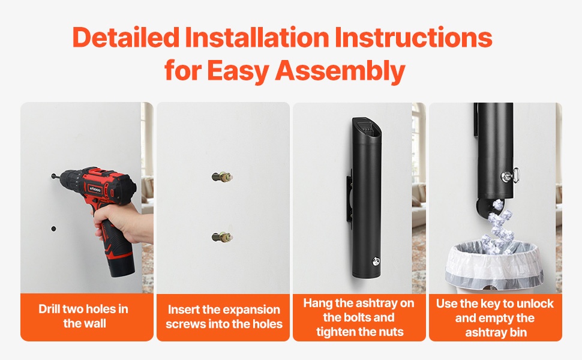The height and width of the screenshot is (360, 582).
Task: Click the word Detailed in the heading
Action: pos(126,37)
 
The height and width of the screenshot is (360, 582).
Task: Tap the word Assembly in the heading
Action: pos(340,71)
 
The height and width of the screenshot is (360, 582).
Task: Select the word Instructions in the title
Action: pos(413,37)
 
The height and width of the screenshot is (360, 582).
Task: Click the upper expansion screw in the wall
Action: pos(222,176)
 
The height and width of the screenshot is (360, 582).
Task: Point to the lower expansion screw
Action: pos(222,236)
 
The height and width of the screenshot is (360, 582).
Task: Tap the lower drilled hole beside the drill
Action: pos(54,229)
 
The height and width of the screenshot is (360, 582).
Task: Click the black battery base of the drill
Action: pos(121,264)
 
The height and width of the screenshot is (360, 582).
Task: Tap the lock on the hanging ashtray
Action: pos(376,261)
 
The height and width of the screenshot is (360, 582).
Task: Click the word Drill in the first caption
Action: pos(49,309)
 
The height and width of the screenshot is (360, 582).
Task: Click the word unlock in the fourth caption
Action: pos(535,304)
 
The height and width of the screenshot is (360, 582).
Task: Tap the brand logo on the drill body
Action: pos(94,188)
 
